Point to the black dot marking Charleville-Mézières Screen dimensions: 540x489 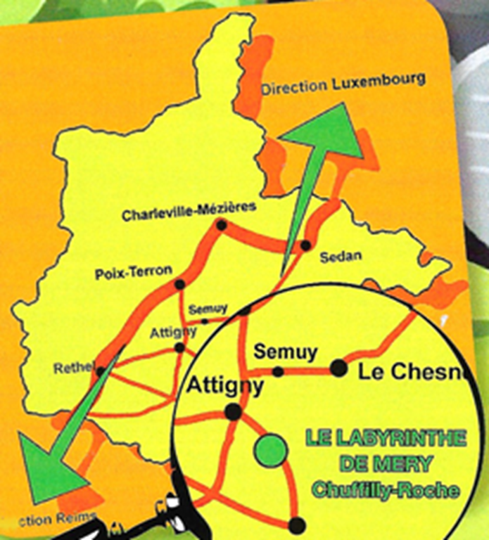point(222,226)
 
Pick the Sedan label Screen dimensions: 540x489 point(341,257)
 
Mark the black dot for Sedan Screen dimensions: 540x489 point(305,245)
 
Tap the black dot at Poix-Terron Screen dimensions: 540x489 point(179,285)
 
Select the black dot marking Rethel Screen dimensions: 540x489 point(101,371)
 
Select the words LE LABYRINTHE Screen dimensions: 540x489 point(386,439)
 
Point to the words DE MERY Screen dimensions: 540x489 point(386,464)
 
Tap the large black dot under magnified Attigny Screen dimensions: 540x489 point(233,412)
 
